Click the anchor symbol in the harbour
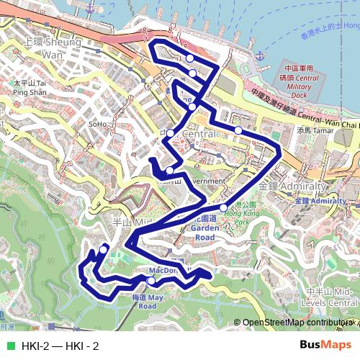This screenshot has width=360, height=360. pos(260,53)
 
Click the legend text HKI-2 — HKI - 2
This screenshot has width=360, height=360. pos(60,346)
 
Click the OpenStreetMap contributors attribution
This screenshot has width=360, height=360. pos(295,323)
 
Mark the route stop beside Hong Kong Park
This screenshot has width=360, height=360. pos(223,208)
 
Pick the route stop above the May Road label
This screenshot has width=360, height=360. pos(150,280)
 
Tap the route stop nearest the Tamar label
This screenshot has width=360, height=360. pos(238,130)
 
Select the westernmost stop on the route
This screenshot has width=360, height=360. pos(104,249)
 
